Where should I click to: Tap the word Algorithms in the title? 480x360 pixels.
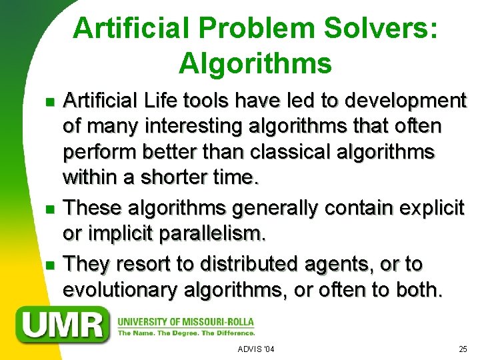255,64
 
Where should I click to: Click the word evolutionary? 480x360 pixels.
123,291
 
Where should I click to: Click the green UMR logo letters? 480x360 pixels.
65,325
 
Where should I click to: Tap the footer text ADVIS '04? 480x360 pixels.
255,349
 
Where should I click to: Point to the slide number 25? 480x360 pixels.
463,349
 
